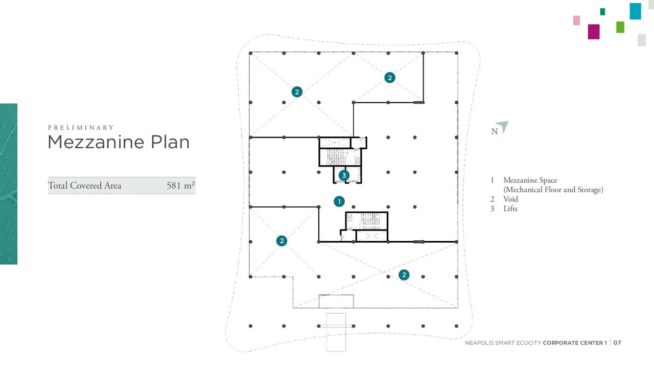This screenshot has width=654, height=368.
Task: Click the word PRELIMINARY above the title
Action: [81, 128]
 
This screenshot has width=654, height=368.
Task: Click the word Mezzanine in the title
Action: [96, 142]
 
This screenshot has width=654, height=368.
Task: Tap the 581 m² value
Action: [180, 186]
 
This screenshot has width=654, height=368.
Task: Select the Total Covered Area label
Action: [84, 186]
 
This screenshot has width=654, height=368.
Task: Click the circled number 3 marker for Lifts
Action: [344, 175]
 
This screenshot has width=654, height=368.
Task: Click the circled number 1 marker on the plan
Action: [339, 201]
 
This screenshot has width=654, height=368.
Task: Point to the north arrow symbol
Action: [503, 126]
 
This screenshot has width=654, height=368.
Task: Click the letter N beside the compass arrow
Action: [494, 131]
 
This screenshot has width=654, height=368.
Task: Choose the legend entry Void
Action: [510, 199]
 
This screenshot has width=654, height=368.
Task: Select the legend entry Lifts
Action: [510, 209]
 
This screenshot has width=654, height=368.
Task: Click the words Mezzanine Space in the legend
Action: [530, 180]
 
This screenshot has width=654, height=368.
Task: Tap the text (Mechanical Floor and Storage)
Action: [553, 190]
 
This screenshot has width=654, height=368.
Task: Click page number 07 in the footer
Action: [617, 343]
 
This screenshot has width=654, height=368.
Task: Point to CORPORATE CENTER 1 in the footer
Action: [575, 343]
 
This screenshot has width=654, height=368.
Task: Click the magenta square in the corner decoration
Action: [594, 32]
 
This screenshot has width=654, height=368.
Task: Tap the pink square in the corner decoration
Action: [577, 20]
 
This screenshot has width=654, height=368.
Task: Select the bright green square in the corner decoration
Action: [620, 27]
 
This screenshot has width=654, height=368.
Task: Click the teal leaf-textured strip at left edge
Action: [9, 184]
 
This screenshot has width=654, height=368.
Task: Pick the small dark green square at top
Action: [602, 12]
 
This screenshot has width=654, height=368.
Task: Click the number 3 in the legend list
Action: [492, 209]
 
